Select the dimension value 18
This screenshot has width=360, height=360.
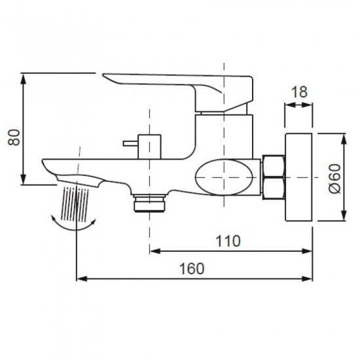coord(298,92)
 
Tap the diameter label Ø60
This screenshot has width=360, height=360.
coord(334,178)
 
